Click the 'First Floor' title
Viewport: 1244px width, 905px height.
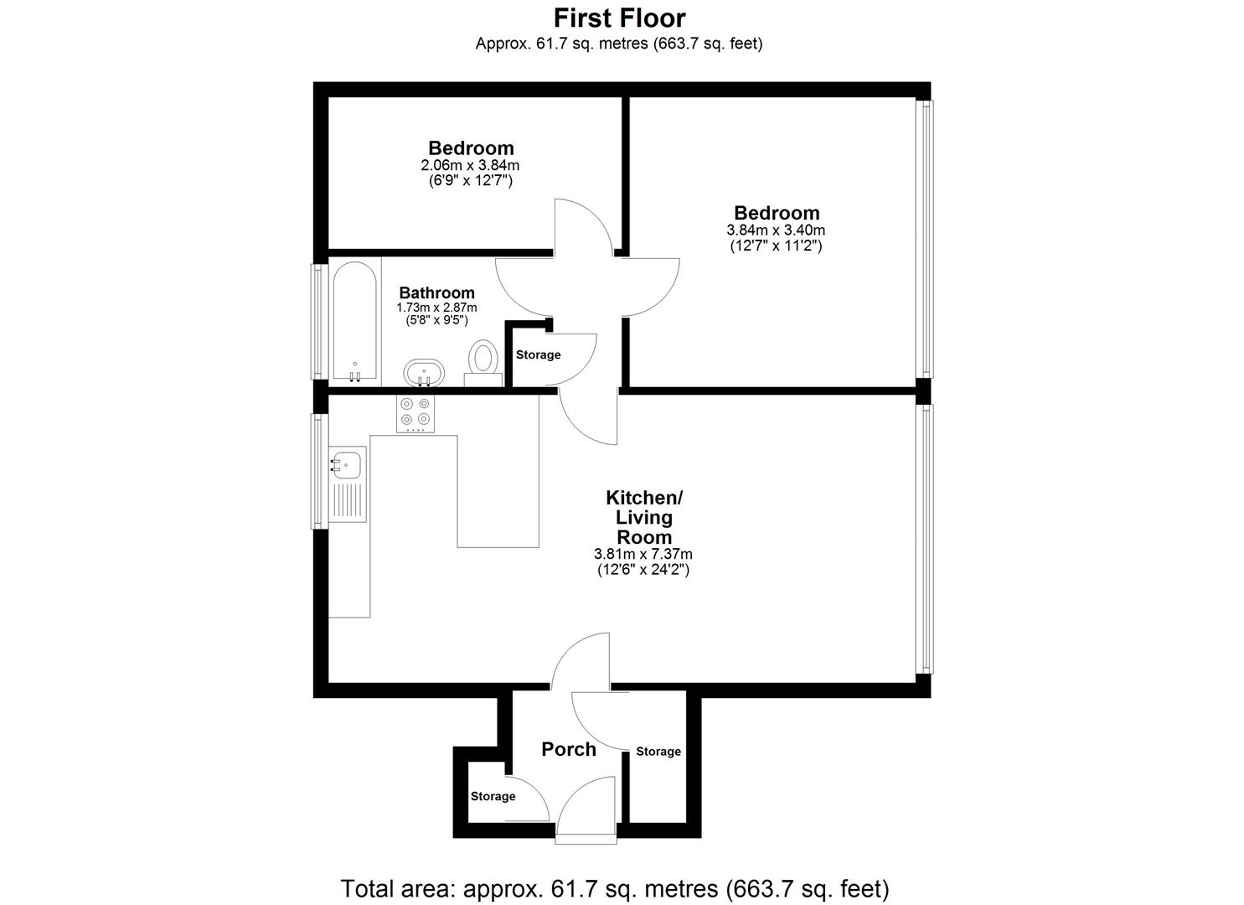(619, 18)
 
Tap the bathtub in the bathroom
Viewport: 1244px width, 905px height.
(355, 323)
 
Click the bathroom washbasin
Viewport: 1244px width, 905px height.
(425, 371)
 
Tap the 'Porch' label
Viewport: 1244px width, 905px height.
(569, 749)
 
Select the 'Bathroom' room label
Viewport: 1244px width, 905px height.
(436, 292)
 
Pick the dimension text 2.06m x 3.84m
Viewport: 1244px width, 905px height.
(470, 166)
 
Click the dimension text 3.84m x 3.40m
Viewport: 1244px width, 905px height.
(776, 230)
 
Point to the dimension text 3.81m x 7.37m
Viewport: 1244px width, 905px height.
(643, 554)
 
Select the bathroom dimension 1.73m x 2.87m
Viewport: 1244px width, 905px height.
(436, 308)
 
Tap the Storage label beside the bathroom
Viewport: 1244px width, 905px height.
(538, 354)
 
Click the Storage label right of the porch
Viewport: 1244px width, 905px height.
(658, 752)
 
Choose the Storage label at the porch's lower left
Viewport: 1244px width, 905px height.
(493, 796)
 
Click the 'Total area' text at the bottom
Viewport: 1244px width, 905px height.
(614, 888)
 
